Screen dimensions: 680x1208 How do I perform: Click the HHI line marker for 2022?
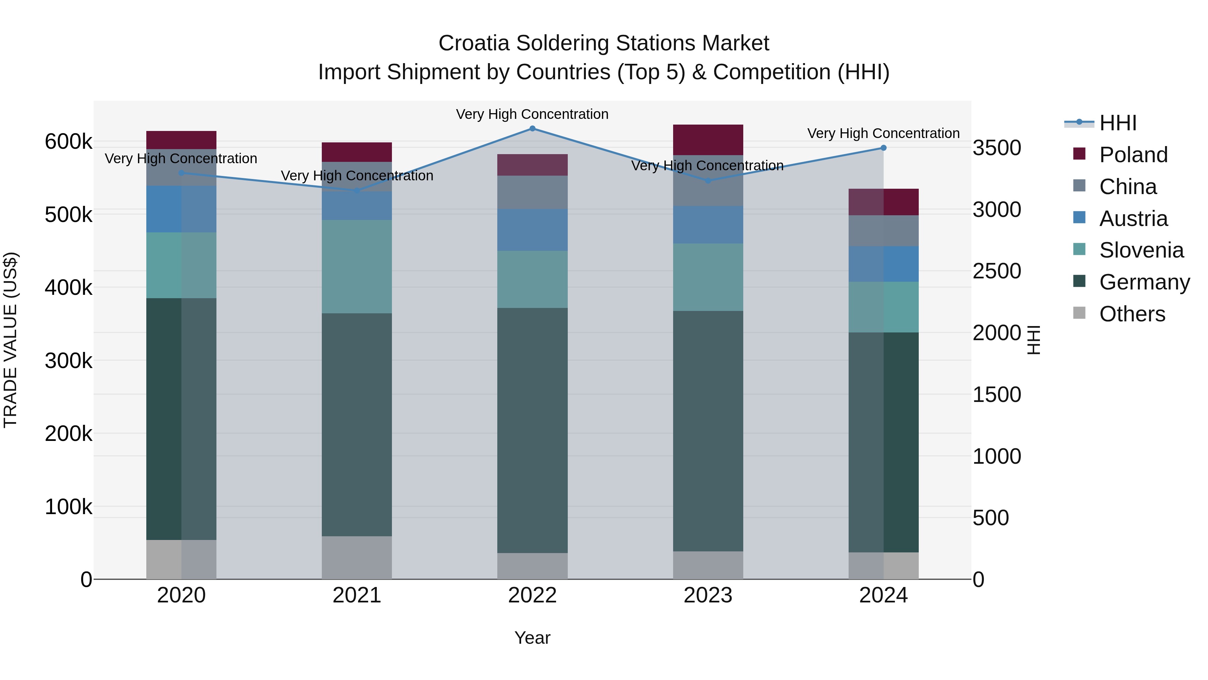coord(532,129)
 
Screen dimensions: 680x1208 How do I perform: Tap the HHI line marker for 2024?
coord(884,148)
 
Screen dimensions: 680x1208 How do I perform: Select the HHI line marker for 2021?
coord(357,190)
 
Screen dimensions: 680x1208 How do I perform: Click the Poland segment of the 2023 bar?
coord(708,140)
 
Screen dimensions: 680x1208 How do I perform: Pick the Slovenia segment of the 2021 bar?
coord(357,267)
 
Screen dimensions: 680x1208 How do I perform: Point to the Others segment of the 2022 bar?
coord(532,566)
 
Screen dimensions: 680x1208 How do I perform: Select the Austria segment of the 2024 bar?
coord(884,264)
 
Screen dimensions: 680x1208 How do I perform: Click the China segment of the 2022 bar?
coord(532,192)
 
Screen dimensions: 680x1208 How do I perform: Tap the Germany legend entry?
coord(1144,282)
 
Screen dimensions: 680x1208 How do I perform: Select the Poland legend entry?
coord(1133,155)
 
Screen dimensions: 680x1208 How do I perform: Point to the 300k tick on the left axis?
coord(68,361)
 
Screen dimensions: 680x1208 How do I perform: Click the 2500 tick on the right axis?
coord(997,271)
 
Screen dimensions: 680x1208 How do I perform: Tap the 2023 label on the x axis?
coord(708,595)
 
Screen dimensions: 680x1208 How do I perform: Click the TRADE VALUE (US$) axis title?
coord(10,340)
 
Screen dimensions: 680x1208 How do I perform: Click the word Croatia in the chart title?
coord(473,43)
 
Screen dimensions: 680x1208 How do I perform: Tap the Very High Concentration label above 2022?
coord(532,114)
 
